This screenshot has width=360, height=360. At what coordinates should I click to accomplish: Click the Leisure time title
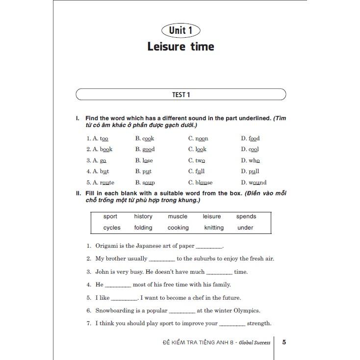pos(180,47)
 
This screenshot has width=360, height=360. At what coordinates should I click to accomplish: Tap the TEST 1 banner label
pos(180,94)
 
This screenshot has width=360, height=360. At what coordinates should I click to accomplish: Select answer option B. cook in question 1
pos(145,138)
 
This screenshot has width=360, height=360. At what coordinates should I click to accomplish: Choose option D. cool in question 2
pos(250,149)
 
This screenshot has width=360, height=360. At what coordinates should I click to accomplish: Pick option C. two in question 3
pos(197,160)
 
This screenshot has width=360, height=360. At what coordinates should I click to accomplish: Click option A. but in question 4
pos(98,171)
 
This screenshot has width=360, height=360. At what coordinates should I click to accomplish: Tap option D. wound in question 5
pos(254,182)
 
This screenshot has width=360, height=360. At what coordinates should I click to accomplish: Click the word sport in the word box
pos(110,216)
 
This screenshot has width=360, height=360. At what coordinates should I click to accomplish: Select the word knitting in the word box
pos(214,228)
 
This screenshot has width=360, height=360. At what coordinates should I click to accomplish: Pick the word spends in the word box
pos(246,216)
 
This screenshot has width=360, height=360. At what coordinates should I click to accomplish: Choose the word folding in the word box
pos(143,228)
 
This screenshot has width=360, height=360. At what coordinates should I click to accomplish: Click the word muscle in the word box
pos(178,216)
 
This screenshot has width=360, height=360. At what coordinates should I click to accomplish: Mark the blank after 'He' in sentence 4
pos(118,285)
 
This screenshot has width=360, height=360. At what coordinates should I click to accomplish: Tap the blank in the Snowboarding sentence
pos(182,311)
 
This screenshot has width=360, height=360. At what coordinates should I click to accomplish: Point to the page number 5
pos(284,342)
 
